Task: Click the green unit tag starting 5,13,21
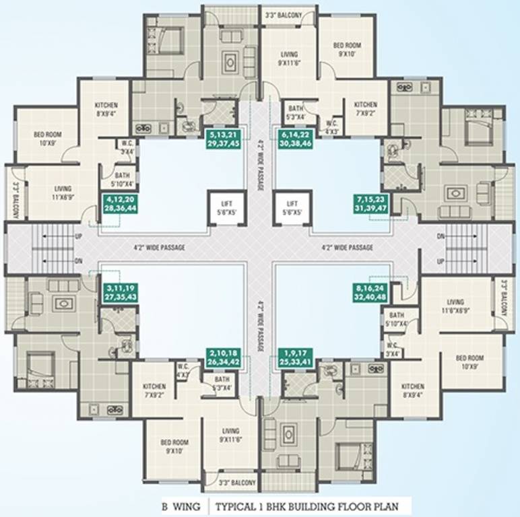point(224,138)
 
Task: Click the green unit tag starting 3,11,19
point(119,291)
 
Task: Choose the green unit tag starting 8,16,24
point(372,291)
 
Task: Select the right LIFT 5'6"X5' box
point(292,207)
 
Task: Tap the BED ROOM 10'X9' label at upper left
point(48,138)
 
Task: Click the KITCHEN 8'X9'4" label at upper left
point(106,109)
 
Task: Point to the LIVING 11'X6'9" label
point(64,193)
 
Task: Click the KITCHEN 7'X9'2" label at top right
point(366,109)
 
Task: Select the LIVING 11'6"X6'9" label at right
point(456,306)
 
